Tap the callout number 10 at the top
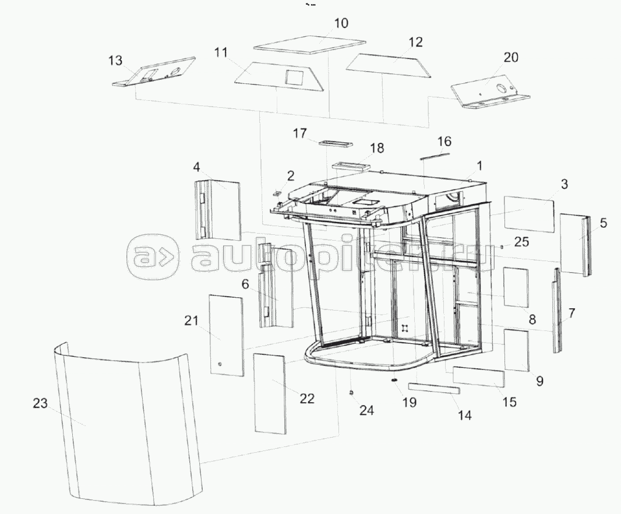(x=341, y=23)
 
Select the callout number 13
(x=116, y=61)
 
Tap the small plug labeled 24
(x=351, y=393)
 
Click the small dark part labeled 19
(x=394, y=381)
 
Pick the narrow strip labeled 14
(x=434, y=388)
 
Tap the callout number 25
(x=522, y=241)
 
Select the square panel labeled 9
(x=516, y=350)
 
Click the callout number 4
(x=197, y=167)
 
